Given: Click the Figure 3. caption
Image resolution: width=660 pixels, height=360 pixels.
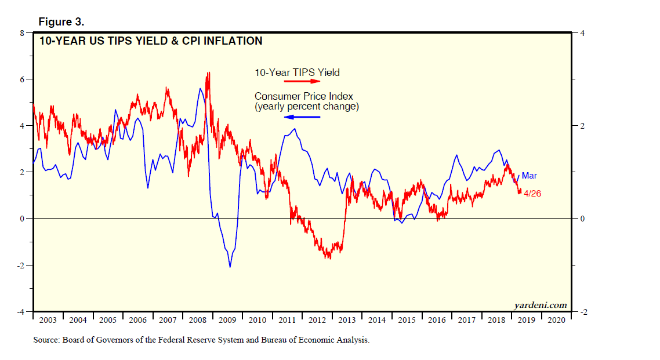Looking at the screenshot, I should coord(61,21).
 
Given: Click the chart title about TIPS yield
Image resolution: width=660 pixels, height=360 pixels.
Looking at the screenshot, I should coord(150,41).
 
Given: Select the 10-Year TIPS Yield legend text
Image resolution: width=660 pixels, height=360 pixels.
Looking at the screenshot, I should coord(297,72).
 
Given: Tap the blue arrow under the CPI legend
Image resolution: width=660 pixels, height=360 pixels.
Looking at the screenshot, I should coord(302,117).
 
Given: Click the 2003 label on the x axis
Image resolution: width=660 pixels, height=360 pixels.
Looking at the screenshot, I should coord(48,320).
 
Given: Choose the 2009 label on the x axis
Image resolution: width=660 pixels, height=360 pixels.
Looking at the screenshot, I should coord(227,320).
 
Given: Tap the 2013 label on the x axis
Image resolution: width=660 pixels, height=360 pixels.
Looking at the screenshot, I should coord(347,320).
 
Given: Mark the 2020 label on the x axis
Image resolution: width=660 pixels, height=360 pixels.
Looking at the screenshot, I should coord(556,320).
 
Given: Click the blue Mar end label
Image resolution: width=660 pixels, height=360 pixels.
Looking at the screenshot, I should coord(529,176).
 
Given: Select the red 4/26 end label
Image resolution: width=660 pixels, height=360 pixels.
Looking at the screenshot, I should coord(532,194).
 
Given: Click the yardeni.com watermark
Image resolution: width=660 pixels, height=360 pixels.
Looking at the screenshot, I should coord(539,305).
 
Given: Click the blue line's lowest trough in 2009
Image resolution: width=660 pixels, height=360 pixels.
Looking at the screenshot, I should coord(230,267).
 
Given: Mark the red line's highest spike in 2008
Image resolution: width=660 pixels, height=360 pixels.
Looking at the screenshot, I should coord(208,72).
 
